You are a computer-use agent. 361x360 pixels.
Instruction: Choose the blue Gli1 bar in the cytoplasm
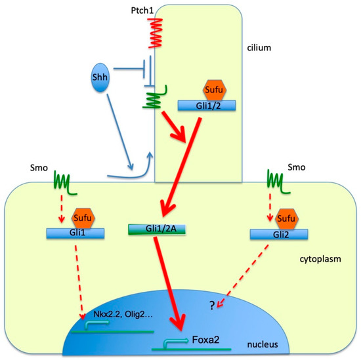75,233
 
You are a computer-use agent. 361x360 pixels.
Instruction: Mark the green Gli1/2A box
153,229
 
